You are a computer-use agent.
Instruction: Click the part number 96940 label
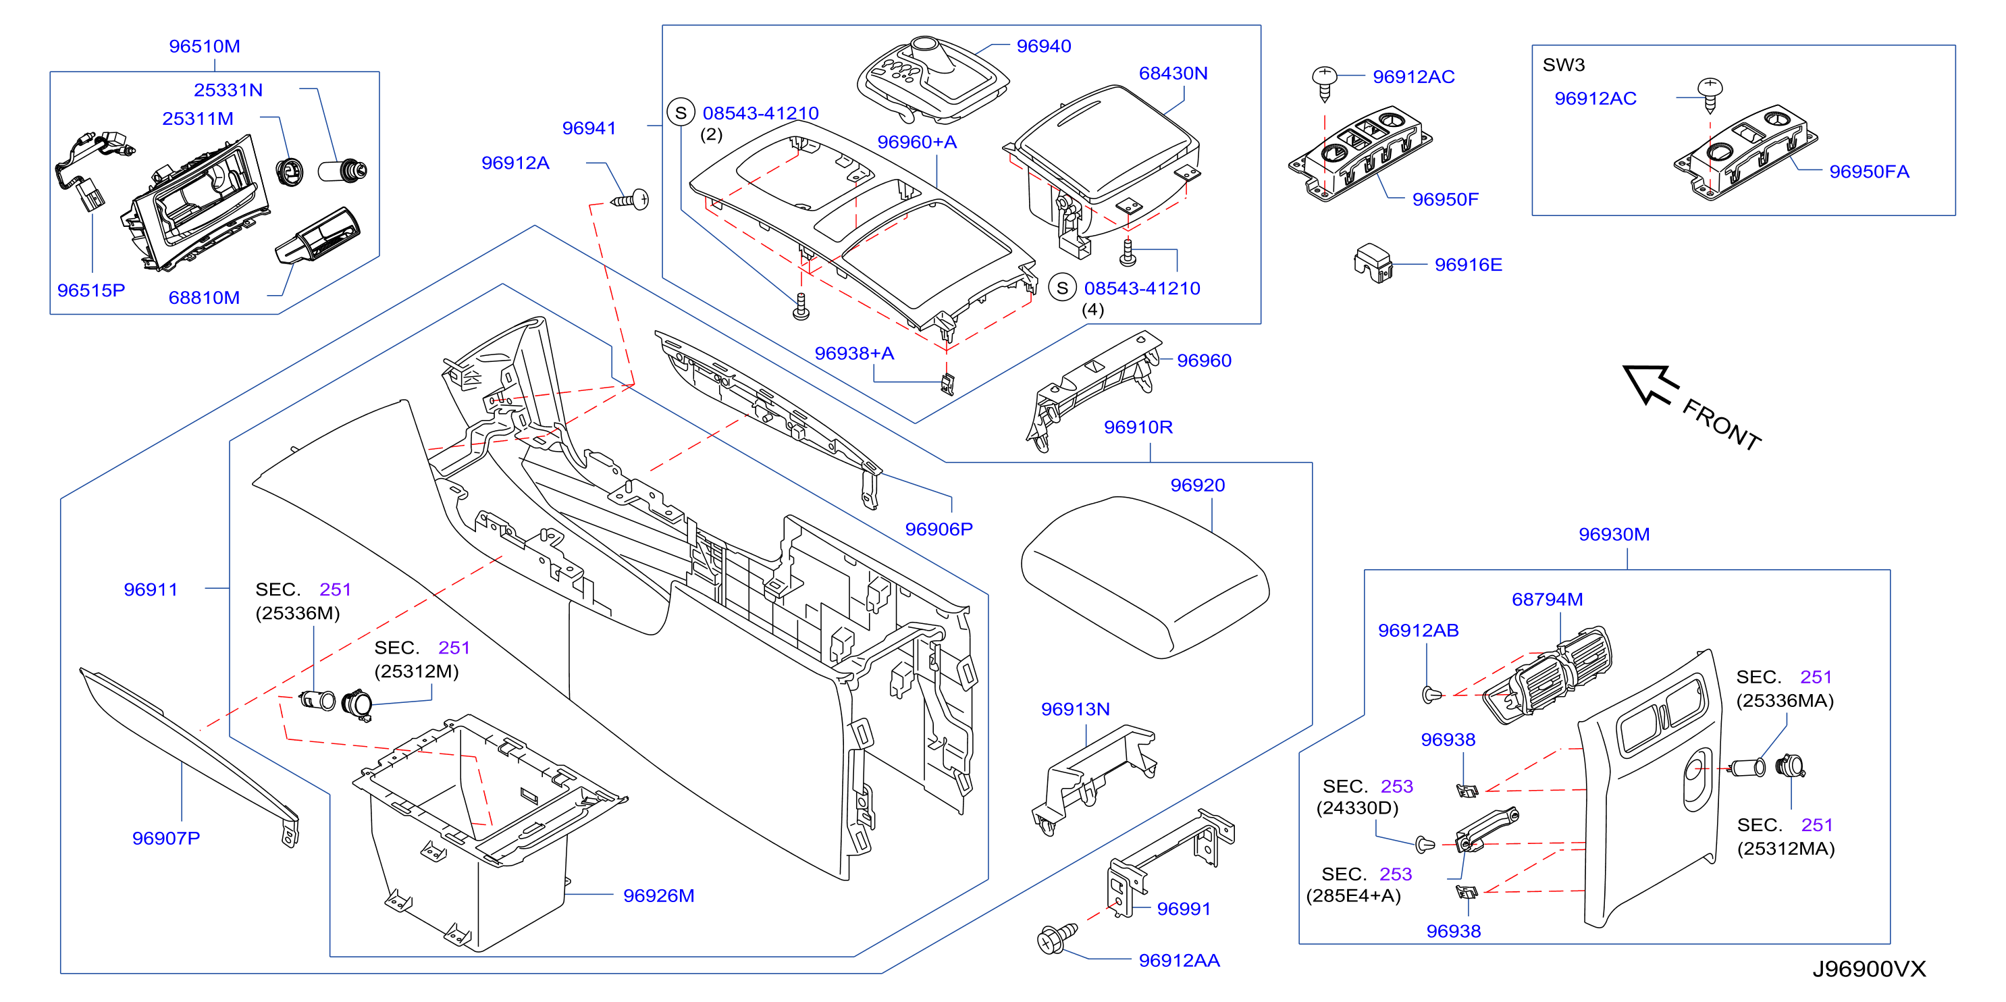pyautogui.click(x=1043, y=46)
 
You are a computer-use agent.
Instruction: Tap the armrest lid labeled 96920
pyautogui.click(x=1144, y=577)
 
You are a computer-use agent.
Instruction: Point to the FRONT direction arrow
pyautogui.click(x=1651, y=385)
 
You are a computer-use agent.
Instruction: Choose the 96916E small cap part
pyautogui.click(x=1373, y=263)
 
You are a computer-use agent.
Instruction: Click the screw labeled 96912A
pyautogui.click(x=631, y=200)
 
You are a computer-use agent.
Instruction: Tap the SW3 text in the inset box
pyautogui.click(x=1564, y=65)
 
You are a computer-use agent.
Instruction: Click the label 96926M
pyautogui.click(x=659, y=895)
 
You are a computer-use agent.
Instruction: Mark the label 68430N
pyautogui.click(x=1173, y=73)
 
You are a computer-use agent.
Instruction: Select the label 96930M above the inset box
pyautogui.click(x=1614, y=534)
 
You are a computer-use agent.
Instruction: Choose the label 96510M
pyautogui.click(x=204, y=46)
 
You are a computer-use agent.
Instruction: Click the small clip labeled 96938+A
pyautogui.click(x=947, y=384)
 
